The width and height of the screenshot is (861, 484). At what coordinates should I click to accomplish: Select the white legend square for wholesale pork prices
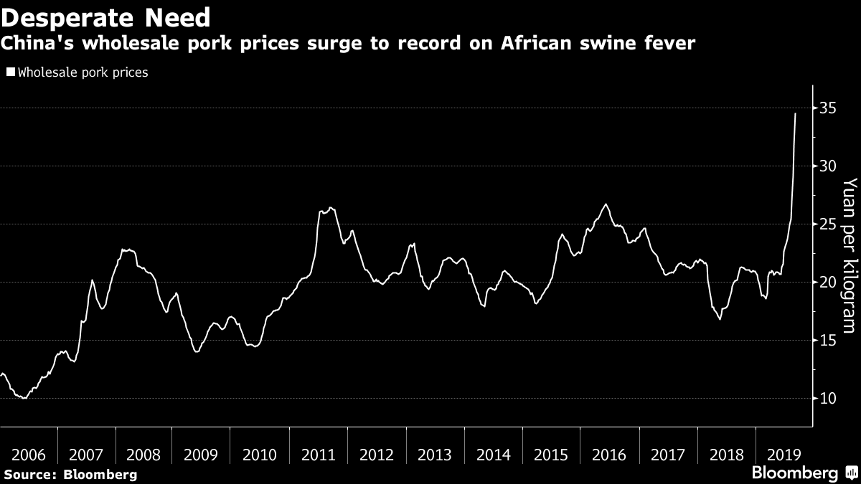(10, 72)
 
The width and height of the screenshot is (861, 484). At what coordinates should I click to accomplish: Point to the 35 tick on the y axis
(828, 108)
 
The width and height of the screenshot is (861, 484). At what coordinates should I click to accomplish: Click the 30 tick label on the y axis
(828, 166)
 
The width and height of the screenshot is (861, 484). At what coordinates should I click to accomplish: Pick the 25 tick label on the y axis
(828, 224)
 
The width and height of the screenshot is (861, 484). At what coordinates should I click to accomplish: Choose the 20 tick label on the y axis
(828, 283)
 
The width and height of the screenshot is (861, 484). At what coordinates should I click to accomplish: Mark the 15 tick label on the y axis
(828, 341)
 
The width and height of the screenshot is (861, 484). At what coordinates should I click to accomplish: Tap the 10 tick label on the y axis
(828, 399)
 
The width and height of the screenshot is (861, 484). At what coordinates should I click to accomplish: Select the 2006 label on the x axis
(28, 455)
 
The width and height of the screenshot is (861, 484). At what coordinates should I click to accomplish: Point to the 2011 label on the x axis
(319, 455)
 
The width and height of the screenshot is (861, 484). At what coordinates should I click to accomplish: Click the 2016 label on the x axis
(609, 455)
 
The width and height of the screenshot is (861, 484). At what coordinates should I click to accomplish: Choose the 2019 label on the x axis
(784, 455)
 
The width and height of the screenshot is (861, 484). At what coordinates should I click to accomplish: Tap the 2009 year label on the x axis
(202, 455)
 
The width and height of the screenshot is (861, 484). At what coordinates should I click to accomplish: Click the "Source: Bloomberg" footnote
(70, 474)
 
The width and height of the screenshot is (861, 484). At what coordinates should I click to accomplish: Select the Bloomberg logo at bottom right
(802, 473)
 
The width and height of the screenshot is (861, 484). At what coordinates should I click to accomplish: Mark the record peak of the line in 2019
(795, 113)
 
